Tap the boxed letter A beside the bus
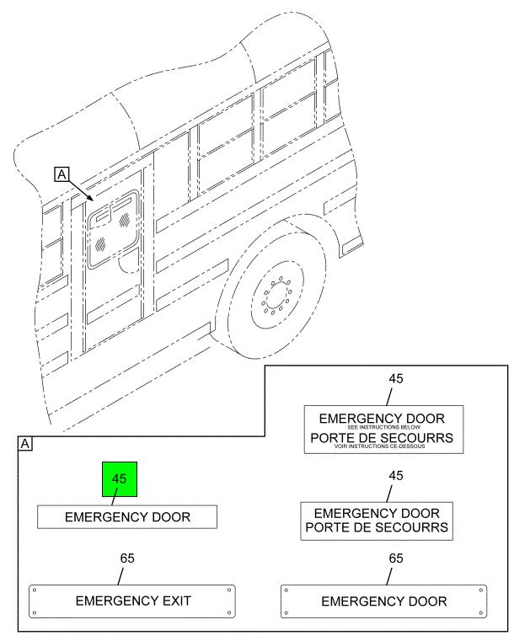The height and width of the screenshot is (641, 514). click(x=62, y=174)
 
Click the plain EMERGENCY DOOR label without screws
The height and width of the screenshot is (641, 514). click(x=127, y=517)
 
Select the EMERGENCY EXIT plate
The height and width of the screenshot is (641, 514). click(x=133, y=601)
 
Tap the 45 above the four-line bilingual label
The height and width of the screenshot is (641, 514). click(x=395, y=377)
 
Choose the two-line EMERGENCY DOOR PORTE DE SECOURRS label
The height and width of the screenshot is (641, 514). click(x=377, y=521)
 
